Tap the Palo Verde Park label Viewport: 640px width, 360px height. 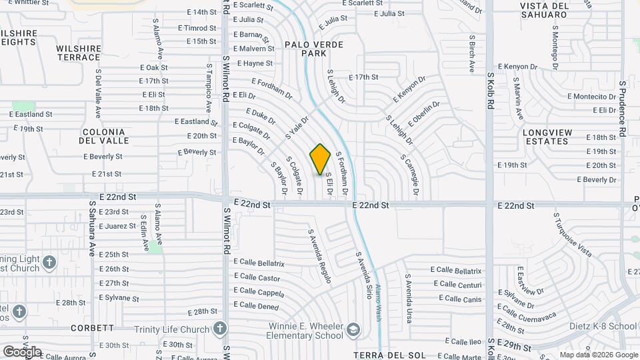tap(313, 48)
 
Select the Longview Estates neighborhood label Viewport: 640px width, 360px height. tap(547, 137)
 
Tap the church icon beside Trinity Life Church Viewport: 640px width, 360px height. tap(220, 328)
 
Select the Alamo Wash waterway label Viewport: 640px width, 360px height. tap(377, 303)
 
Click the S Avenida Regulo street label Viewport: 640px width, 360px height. tap(320, 257)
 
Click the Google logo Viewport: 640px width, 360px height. tap(22, 351)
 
